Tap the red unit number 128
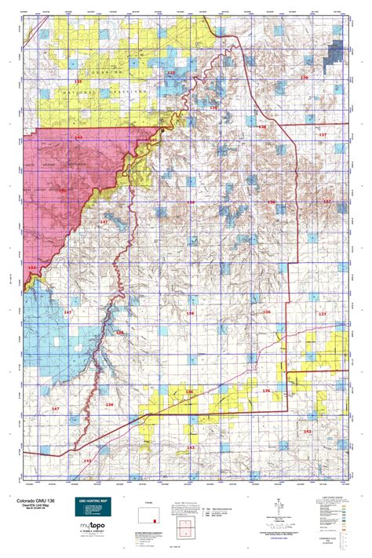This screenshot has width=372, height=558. click(170, 72)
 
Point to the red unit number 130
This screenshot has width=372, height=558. click(305, 78)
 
